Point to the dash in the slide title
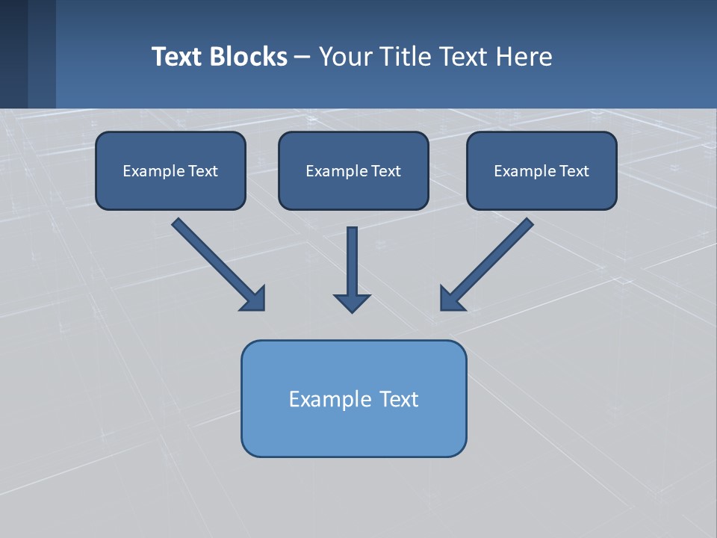click(x=302, y=58)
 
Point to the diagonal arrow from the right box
click(x=489, y=262)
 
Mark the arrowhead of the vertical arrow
click(x=352, y=303)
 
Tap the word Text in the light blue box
click(x=400, y=399)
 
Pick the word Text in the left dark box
click(x=203, y=171)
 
